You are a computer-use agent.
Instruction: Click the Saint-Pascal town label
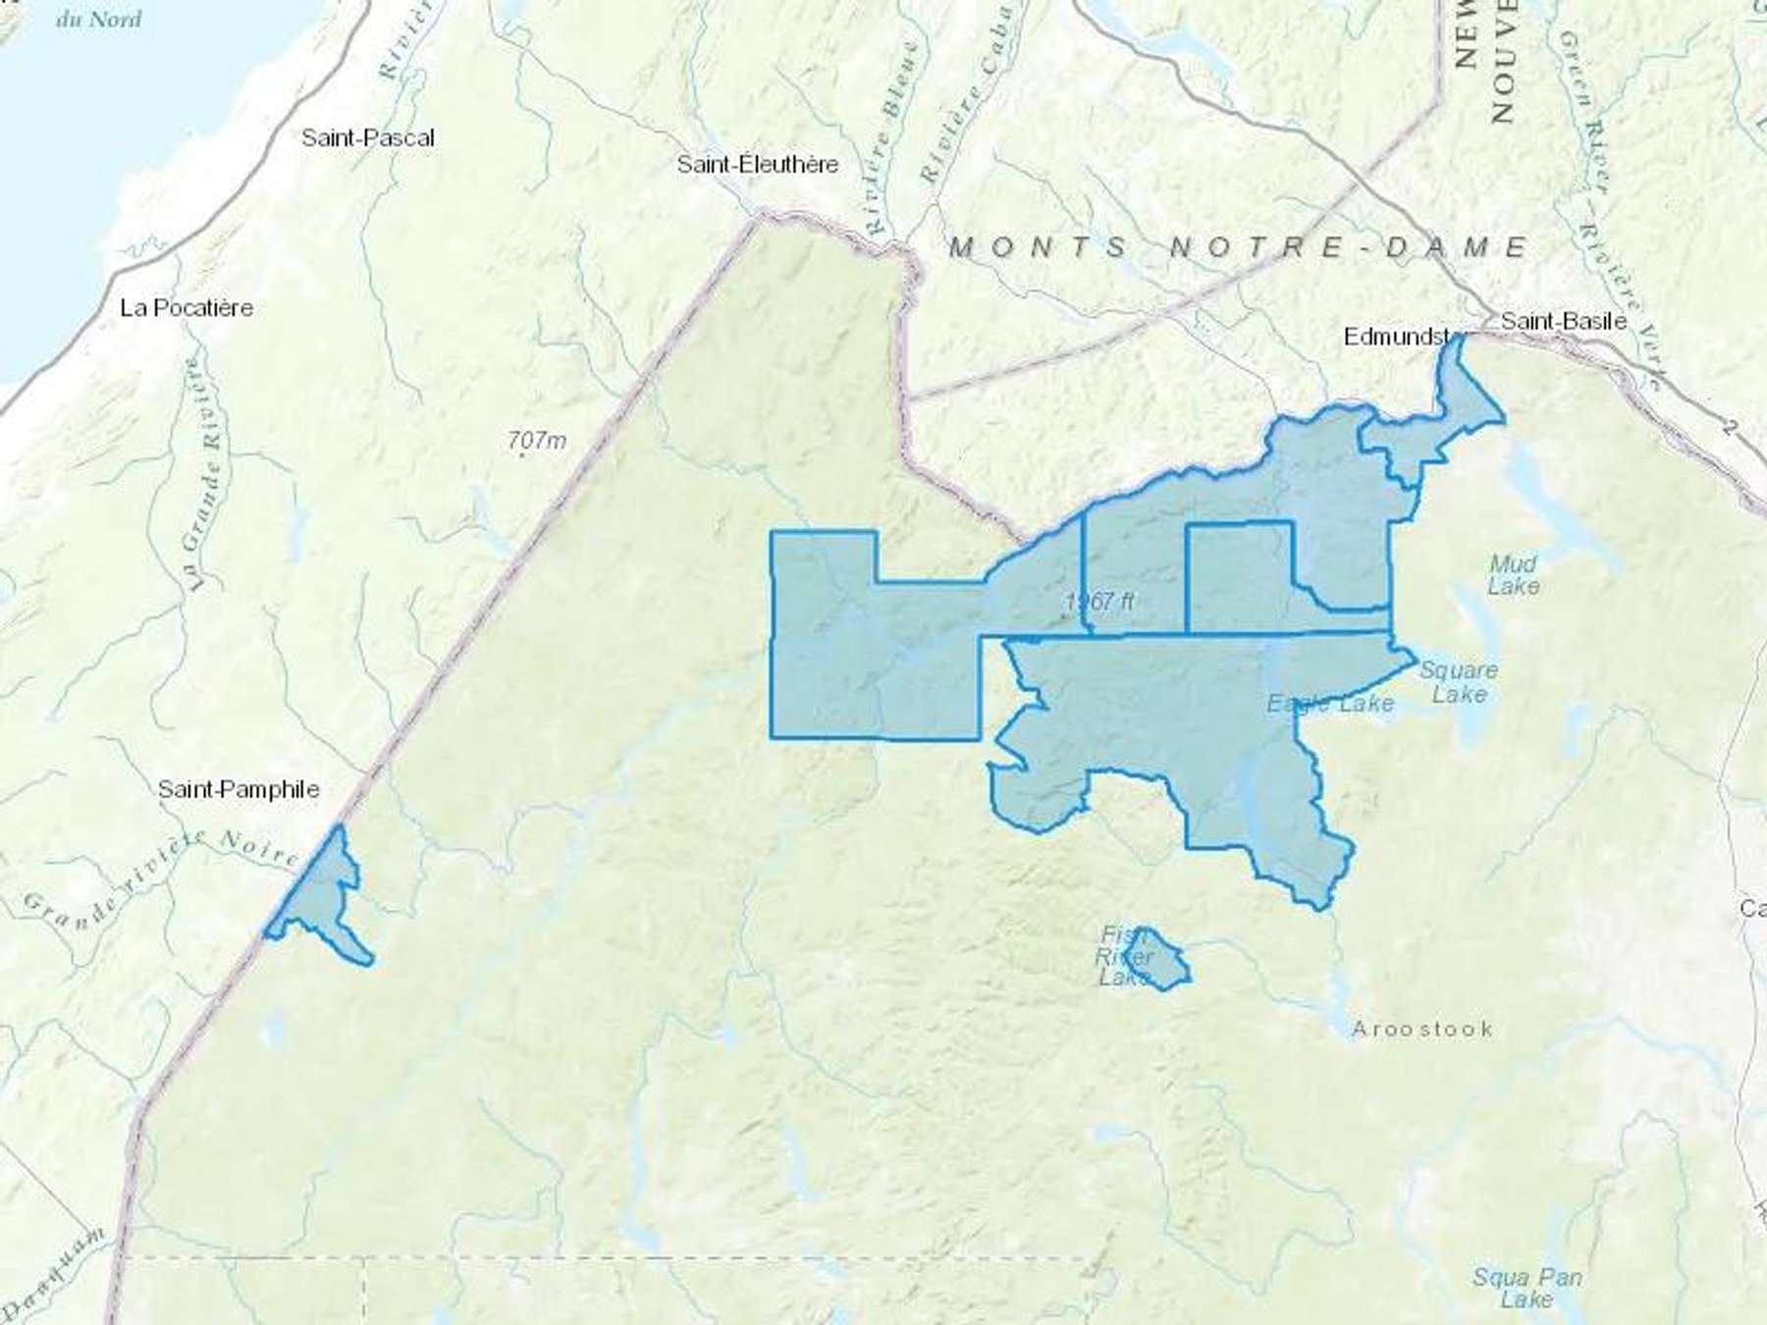click(x=367, y=138)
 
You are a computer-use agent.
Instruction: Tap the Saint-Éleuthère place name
click(x=757, y=164)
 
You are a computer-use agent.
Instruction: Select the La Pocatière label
click(x=187, y=308)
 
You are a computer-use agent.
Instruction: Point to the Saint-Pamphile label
click(x=239, y=789)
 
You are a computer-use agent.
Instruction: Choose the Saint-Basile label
click(x=1563, y=321)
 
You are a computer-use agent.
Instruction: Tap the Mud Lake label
click(x=1513, y=575)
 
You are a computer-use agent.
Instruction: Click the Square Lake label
click(x=1459, y=682)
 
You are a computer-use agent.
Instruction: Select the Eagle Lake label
click(x=1329, y=704)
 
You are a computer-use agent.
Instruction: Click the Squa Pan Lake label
click(x=1526, y=1288)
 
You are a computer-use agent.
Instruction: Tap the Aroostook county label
click(x=1421, y=1029)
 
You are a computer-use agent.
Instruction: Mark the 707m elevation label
click(x=537, y=442)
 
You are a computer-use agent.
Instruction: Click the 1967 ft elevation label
click(x=1099, y=601)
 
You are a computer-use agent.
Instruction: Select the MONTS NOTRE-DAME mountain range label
click(x=1238, y=246)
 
